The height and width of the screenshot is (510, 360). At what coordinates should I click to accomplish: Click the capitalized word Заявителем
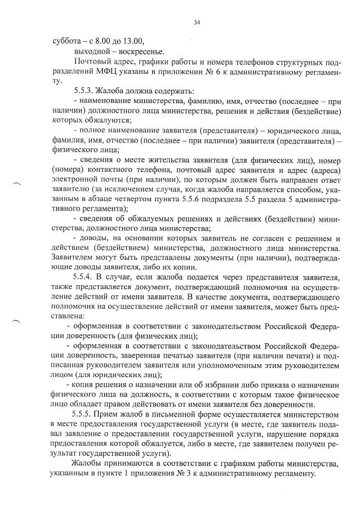[76, 257]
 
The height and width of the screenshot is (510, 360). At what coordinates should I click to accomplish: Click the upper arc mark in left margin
[17, 183]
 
